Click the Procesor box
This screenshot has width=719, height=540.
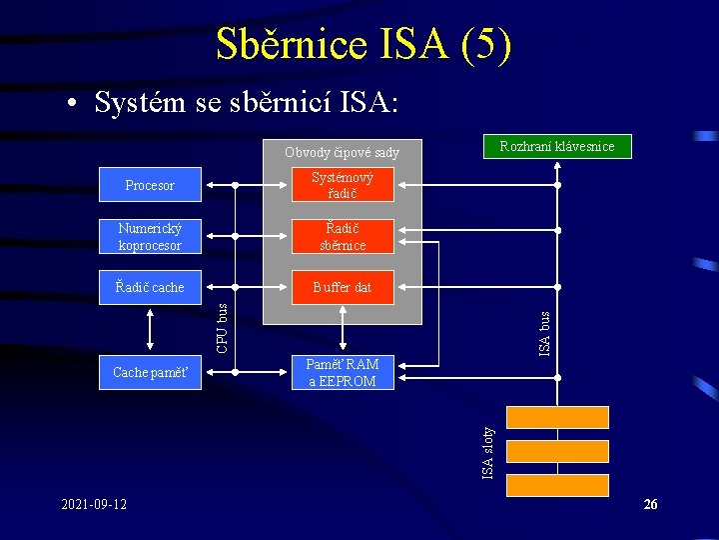point(150,185)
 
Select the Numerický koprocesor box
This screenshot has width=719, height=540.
point(150,237)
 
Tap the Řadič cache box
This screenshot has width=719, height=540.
point(150,287)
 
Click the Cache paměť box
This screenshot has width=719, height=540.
point(150,373)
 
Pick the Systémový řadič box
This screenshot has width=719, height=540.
point(343,185)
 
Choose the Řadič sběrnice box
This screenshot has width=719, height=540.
point(343,237)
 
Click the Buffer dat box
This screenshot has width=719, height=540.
point(343,287)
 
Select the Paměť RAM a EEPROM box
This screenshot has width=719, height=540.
point(343,373)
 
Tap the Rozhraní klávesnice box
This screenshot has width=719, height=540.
point(557,147)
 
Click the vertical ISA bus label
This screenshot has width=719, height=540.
point(545,333)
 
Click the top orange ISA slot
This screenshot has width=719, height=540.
point(557,417)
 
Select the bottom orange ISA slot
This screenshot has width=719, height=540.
point(557,485)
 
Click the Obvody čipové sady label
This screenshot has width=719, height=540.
point(342,153)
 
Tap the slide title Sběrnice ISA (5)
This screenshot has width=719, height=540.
point(363,44)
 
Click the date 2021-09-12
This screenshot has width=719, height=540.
point(94,504)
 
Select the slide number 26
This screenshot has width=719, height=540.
point(650,505)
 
